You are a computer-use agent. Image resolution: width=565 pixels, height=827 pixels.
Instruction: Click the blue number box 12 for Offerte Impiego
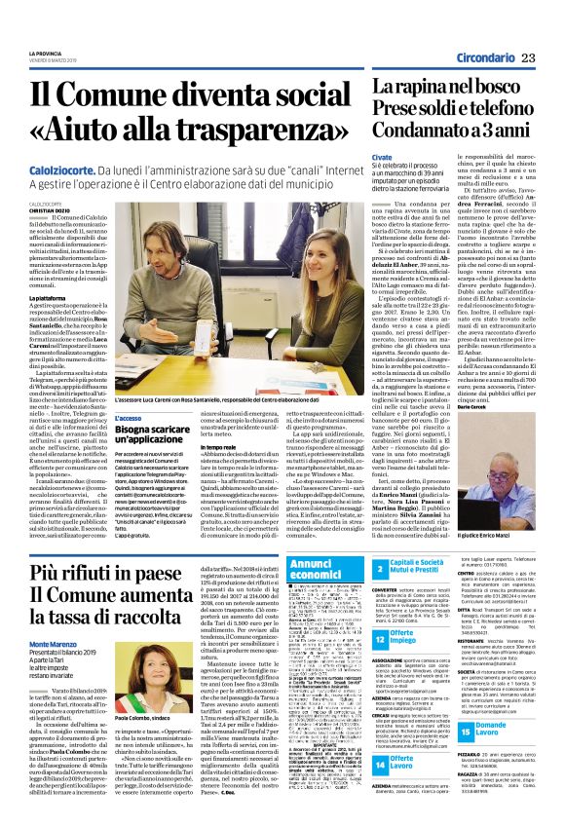[381, 637]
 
